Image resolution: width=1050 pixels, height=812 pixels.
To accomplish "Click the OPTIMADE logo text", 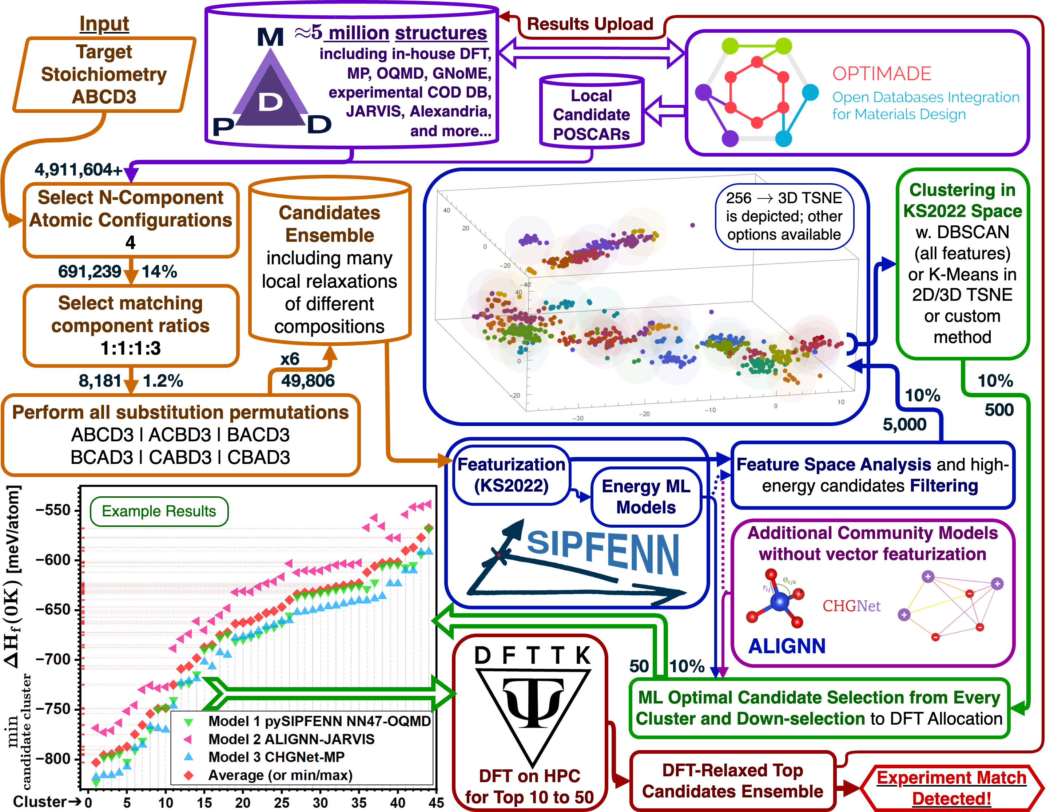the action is (x=882, y=74).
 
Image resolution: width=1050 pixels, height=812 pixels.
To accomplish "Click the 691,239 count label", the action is (x=90, y=271).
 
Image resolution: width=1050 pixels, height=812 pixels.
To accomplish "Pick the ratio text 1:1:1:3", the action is (x=130, y=348).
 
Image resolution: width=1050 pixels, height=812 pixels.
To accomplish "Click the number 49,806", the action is (x=308, y=381).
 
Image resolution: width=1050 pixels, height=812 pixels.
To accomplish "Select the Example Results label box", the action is (x=159, y=511).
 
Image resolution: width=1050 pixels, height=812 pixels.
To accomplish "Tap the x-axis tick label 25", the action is (x=281, y=803).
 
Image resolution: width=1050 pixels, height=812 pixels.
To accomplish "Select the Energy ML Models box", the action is (x=646, y=497).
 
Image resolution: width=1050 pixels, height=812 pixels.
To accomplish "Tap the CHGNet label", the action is (x=851, y=606).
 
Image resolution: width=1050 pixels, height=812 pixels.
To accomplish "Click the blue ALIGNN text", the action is (x=787, y=646).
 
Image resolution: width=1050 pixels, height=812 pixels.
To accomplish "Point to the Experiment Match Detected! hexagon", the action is (x=951, y=788).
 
